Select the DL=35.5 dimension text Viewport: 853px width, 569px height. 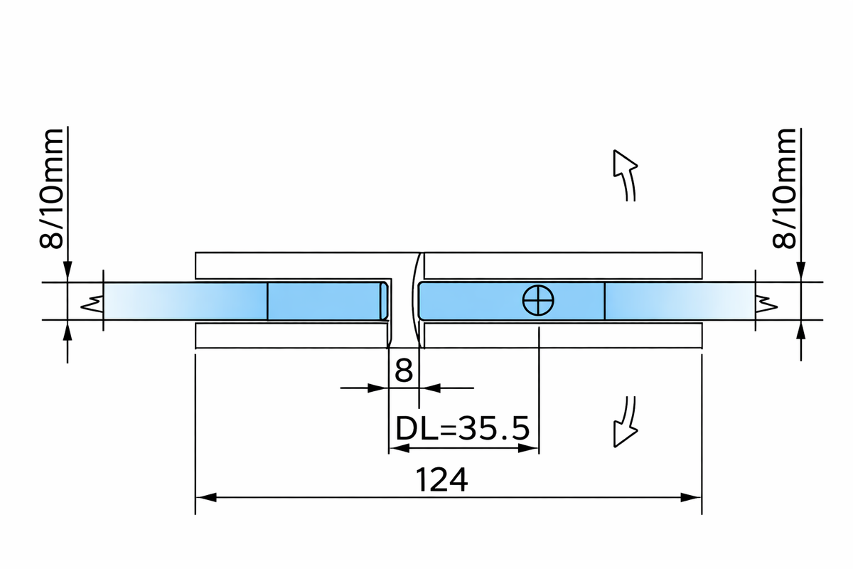click(461, 429)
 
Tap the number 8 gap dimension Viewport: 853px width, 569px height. click(403, 371)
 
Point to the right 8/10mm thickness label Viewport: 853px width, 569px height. click(784, 189)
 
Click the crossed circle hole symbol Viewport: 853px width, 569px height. click(538, 301)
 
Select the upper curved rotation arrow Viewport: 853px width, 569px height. click(624, 174)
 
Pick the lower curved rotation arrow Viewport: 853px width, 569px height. click(624, 423)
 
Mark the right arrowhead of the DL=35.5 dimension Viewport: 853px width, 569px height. click(530, 448)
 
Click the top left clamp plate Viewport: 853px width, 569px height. click(291, 265)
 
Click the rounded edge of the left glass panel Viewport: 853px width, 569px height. click(385, 301)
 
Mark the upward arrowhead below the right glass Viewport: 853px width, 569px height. click(801, 330)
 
